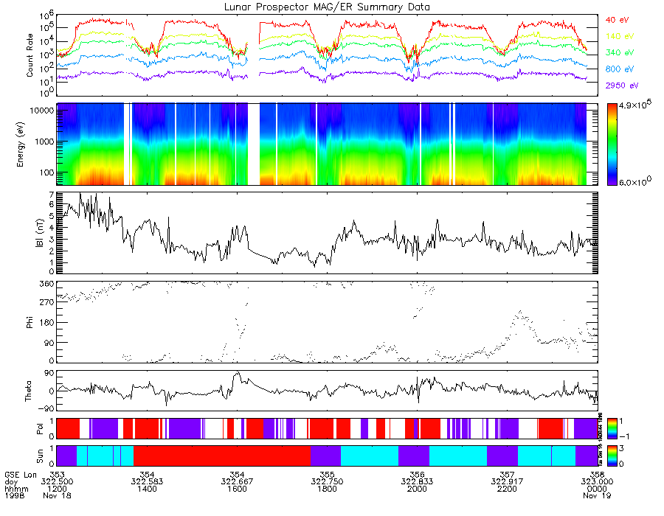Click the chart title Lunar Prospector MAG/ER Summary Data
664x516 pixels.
[327, 7]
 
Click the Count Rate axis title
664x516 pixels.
[30, 55]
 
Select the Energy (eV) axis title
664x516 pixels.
[30, 144]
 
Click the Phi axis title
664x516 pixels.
[30, 321]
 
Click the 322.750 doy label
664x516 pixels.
[327, 482]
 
